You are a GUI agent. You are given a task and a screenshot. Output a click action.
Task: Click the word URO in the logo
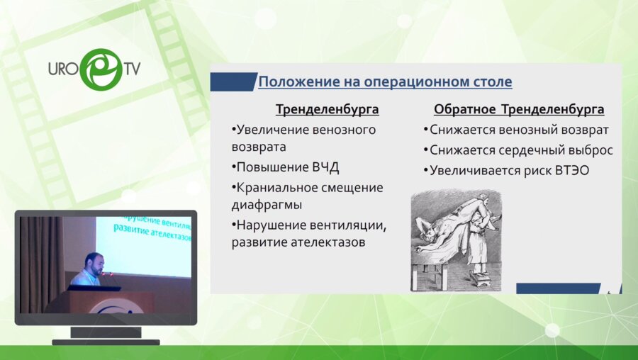tap(62, 70)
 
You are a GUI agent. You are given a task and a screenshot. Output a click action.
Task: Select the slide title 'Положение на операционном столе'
tap(384, 81)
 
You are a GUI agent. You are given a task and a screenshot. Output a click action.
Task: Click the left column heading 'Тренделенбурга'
tap(327, 110)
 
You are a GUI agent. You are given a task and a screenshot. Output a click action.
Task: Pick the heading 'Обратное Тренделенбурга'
tap(519, 110)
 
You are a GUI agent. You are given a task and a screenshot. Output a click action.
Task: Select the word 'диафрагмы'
tap(265, 205)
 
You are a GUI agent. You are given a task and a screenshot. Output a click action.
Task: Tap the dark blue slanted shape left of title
tap(233, 81)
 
